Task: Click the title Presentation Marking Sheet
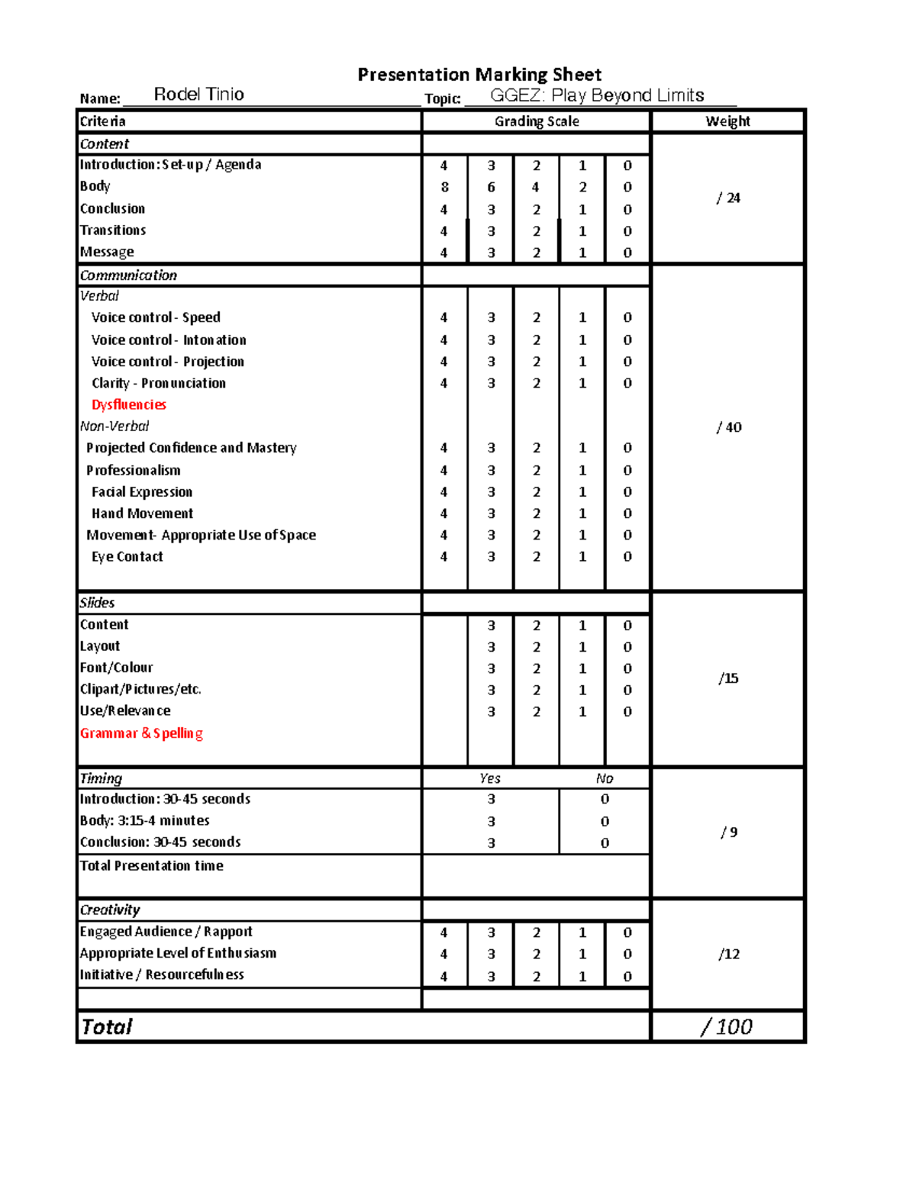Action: pyautogui.click(x=479, y=75)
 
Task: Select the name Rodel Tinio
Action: pyautogui.click(x=198, y=95)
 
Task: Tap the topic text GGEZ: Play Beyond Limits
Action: pyautogui.click(x=597, y=95)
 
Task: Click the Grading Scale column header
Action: pyautogui.click(x=537, y=121)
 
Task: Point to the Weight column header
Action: pyautogui.click(x=727, y=121)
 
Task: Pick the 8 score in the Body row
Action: pyautogui.click(x=444, y=187)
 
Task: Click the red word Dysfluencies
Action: pyautogui.click(x=128, y=404)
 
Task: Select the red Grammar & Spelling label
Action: pyautogui.click(x=141, y=733)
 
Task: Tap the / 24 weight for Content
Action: pyautogui.click(x=728, y=198)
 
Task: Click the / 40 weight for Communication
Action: pyautogui.click(x=729, y=427)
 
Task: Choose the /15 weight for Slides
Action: pyautogui.click(x=728, y=678)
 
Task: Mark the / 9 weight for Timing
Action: pyautogui.click(x=729, y=832)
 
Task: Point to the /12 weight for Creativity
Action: pyautogui.click(x=729, y=955)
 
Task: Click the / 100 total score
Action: pyautogui.click(x=727, y=1027)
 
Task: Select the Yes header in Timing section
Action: pyautogui.click(x=490, y=778)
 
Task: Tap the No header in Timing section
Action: pyautogui.click(x=605, y=778)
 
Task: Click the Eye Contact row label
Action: pyautogui.click(x=127, y=557)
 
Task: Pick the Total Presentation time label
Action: pyautogui.click(x=151, y=866)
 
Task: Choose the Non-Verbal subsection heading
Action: pyautogui.click(x=114, y=427)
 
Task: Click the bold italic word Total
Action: pyautogui.click(x=107, y=1027)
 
